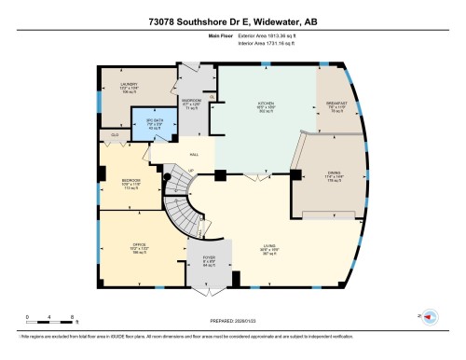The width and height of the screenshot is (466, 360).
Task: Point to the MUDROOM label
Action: pos(191,103)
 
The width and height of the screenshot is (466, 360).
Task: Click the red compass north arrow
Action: pos(431,317)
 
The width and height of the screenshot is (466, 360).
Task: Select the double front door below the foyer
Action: pos(209,290)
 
